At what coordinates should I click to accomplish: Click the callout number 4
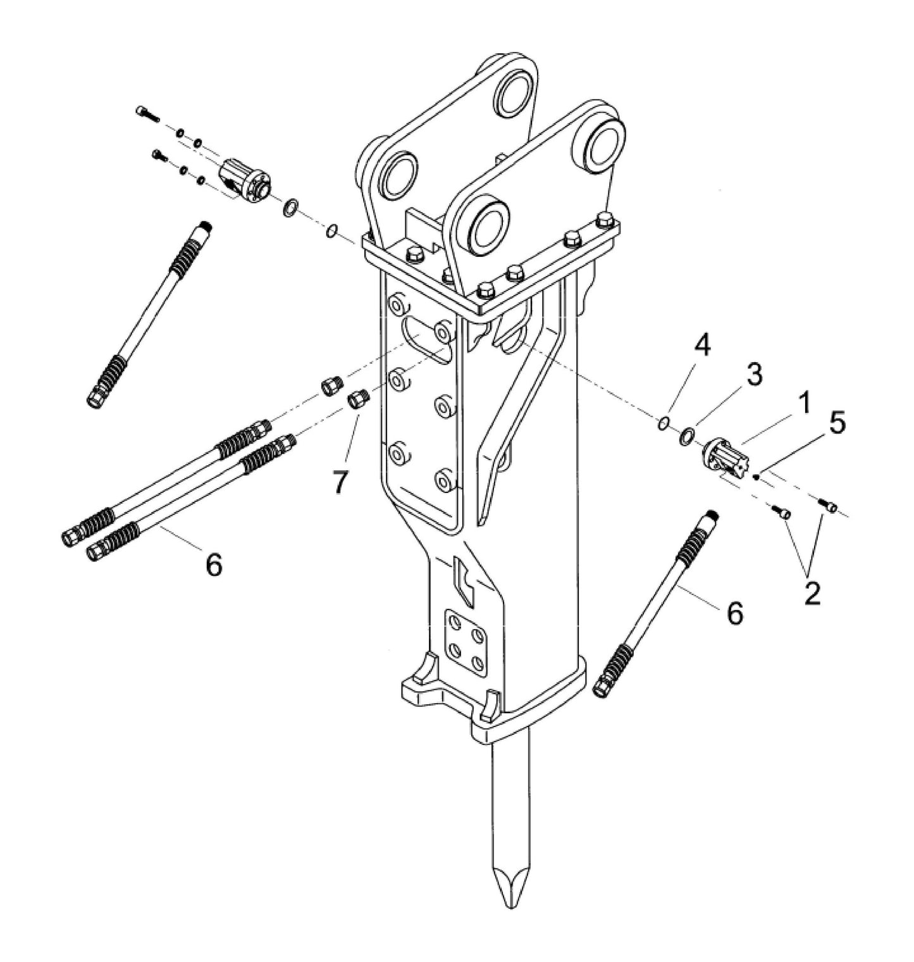pyautogui.click(x=701, y=346)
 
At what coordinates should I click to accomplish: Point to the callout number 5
pyautogui.click(x=836, y=425)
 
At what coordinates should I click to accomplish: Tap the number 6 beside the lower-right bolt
pyautogui.click(x=734, y=613)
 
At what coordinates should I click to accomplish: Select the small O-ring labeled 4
pyautogui.click(x=662, y=424)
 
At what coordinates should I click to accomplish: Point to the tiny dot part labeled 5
pyautogui.click(x=756, y=478)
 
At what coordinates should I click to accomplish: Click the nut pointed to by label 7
pyautogui.click(x=358, y=401)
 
